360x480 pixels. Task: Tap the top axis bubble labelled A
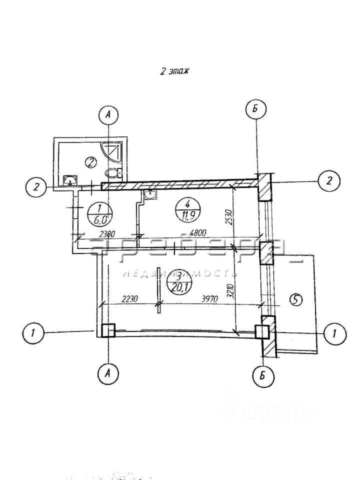coord(108,115)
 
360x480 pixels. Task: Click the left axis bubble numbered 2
coord(36,187)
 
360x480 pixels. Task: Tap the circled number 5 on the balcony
coord(295,299)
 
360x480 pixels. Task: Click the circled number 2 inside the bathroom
coord(90,161)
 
